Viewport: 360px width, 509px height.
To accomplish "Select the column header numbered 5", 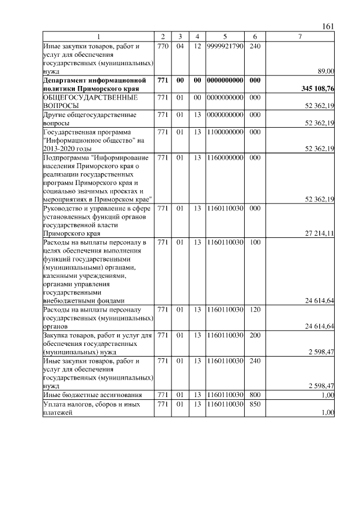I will [x=224, y=37].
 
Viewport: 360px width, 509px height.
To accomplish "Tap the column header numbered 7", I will [x=300, y=37].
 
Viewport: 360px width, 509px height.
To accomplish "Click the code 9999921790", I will [x=224, y=46].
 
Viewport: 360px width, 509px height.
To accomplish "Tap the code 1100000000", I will [x=224, y=132].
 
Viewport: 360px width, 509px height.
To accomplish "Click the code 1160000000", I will [x=224, y=158].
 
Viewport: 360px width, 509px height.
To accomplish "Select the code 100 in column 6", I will [x=254, y=242].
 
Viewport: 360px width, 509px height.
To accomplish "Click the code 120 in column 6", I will [x=254, y=310].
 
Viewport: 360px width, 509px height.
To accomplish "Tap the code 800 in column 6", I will [x=254, y=395].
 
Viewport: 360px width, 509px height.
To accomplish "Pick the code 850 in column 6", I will [x=254, y=404].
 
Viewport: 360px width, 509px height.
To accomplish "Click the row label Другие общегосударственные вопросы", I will [x=89, y=119].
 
